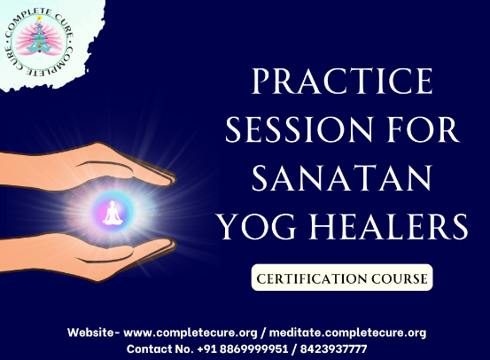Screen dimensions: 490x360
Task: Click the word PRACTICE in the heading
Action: (x=342, y=81)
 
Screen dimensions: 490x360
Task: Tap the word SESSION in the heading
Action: (x=299, y=129)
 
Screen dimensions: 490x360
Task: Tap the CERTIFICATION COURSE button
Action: (x=342, y=278)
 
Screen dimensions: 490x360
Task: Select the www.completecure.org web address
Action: (x=191, y=333)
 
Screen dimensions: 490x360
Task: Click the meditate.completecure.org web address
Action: (x=347, y=333)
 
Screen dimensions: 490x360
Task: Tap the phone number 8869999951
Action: (x=253, y=348)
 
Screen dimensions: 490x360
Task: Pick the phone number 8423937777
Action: (x=333, y=348)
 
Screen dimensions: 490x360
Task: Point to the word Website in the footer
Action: (x=91, y=333)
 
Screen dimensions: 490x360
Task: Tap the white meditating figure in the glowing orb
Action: (x=113, y=213)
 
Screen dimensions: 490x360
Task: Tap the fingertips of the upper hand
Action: (x=170, y=179)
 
